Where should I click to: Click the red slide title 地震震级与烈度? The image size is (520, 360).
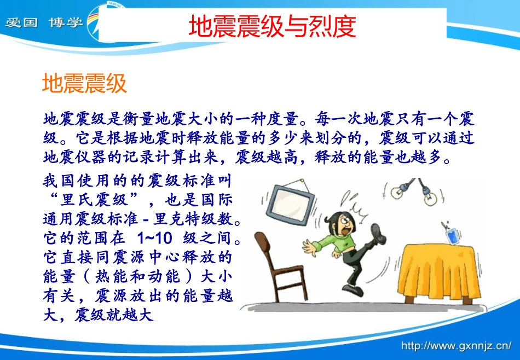point(272,26)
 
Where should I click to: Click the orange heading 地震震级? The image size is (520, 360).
point(85,84)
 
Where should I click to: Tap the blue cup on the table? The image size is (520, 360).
point(452,237)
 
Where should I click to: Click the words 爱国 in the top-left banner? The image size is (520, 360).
point(20,23)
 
